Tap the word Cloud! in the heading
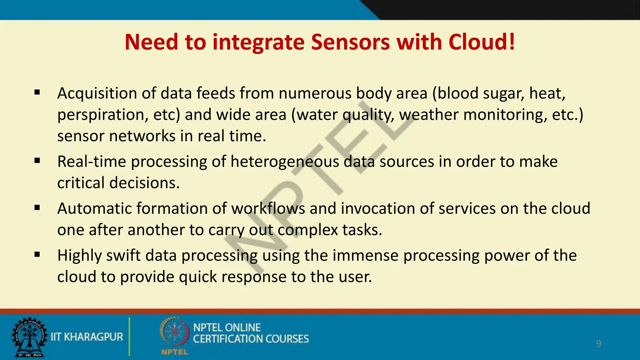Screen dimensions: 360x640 click(x=482, y=42)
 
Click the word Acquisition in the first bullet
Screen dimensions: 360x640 click(x=97, y=93)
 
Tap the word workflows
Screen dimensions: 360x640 click(x=268, y=208)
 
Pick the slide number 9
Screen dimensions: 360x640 click(x=598, y=344)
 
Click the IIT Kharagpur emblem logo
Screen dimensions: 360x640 click(x=29, y=337)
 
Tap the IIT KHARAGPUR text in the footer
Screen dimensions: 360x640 click(x=87, y=337)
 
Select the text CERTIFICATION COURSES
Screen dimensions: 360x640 click(x=251, y=339)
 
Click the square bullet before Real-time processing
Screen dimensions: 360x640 click(x=37, y=161)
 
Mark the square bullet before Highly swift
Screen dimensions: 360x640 click(x=37, y=255)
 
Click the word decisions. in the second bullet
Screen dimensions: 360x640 click(x=144, y=183)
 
